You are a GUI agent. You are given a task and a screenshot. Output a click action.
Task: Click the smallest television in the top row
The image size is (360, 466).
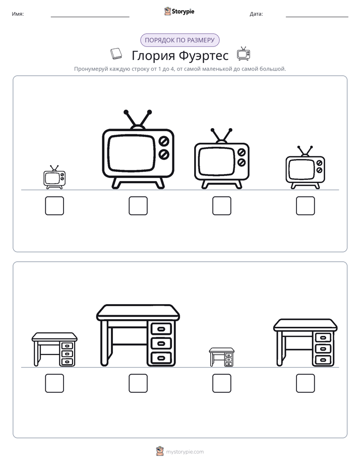[x=54, y=178]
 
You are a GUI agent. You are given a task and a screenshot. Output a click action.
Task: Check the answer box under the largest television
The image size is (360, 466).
[x=138, y=206]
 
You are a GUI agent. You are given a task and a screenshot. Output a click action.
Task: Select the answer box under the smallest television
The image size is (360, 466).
[x=54, y=206]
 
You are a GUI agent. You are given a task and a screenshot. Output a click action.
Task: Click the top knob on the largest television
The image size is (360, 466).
[x=164, y=141]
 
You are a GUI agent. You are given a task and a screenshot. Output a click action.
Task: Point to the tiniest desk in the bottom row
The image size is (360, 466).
[x=221, y=357]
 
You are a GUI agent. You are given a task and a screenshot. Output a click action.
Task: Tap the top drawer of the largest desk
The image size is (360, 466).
[x=161, y=329]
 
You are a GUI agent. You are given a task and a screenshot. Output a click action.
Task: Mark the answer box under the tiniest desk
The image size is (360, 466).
[x=221, y=383]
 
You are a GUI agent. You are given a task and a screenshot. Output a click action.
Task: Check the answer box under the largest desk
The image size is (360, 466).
[x=138, y=383]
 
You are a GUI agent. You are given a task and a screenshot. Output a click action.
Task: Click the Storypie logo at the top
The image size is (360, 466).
[x=179, y=11]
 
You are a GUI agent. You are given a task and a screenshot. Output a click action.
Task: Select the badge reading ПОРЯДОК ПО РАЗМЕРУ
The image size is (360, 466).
[x=179, y=40]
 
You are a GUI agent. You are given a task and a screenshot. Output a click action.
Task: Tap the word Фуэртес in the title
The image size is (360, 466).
[x=204, y=55]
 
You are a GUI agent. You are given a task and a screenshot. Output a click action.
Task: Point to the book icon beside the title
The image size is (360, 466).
[x=116, y=54]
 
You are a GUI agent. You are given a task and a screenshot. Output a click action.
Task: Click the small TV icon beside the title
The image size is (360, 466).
[x=243, y=54]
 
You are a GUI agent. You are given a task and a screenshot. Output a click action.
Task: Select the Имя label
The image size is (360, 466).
[x=18, y=14]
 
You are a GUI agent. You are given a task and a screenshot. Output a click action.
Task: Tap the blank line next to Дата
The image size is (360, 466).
[x=317, y=17]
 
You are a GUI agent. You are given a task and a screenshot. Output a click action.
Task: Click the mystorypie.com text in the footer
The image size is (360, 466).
[x=185, y=452]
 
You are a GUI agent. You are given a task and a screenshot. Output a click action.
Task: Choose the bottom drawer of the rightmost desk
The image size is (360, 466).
[x=323, y=360]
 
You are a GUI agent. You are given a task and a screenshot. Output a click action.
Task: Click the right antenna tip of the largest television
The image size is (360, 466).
[x=149, y=112]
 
